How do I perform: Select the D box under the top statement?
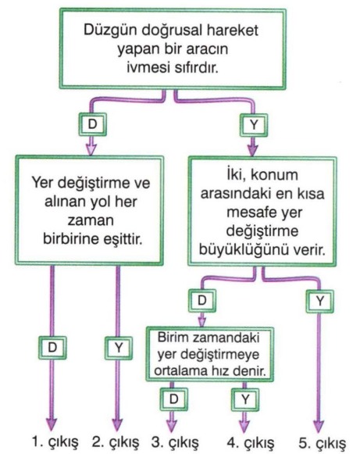click(93, 125)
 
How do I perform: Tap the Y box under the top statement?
click(254, 125)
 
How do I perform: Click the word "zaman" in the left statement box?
click(91, 221)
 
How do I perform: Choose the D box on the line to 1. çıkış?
click(52, 348)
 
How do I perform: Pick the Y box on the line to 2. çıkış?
click(119, 348)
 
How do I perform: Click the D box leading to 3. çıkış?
click(173, 399)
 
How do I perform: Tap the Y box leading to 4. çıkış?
click(245, 400)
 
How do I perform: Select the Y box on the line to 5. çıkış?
click(319, 302)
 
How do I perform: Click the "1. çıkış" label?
click(55, 442)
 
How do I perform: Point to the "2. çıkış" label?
click(116, 442)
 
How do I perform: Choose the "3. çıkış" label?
click(176, 442)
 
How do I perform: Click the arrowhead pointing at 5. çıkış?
click(319, 427)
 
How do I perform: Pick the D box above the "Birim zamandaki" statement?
click(201, 301)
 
